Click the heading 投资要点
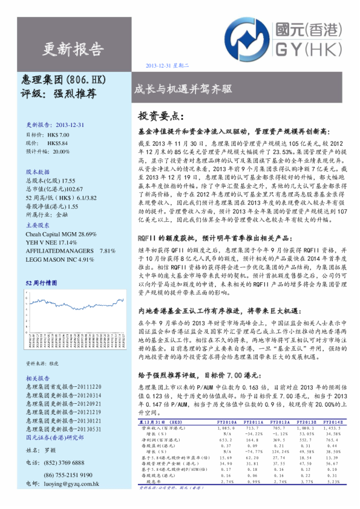(x=160, y=115)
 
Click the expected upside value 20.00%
(x=61, y=152)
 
